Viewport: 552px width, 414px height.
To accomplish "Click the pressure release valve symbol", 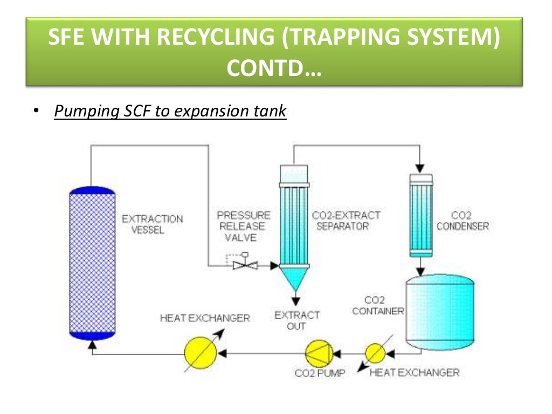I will click(245, 265).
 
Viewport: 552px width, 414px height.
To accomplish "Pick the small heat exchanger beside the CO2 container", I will click(375, 354).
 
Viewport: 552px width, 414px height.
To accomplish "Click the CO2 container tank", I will click(439, 313).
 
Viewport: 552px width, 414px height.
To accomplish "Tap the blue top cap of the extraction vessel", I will click(92, 191).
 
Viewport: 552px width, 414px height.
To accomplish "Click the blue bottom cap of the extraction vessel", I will click(92, 335).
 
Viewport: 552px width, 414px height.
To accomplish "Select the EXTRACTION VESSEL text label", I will click(152, 224).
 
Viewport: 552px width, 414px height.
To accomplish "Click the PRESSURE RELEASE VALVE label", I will click(244, 226).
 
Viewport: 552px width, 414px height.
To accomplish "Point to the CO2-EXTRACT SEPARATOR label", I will click(346, 220).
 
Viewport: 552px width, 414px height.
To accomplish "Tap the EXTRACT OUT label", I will click(297, 320).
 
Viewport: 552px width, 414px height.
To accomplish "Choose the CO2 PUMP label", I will click(320, 373).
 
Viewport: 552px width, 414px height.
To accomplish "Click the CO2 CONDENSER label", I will click(463, 220).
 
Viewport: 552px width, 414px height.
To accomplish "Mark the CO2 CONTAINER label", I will click(378, 306).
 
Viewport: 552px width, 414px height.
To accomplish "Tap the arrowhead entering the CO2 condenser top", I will click(421, 169).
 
